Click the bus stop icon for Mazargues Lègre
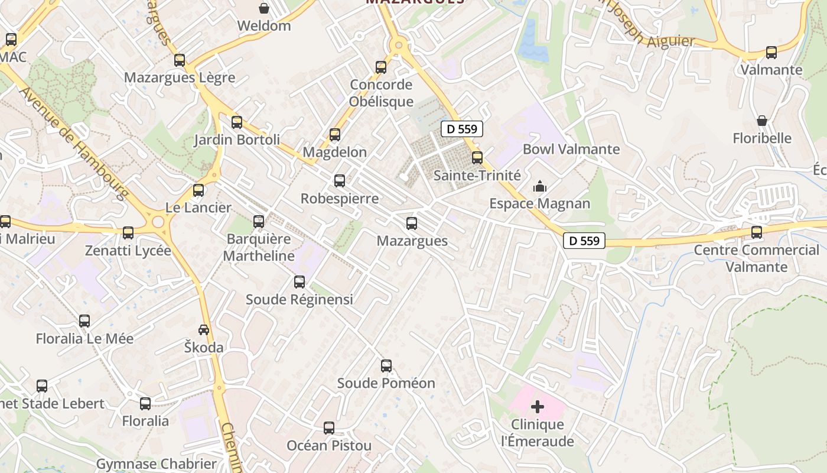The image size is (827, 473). click(180, 60)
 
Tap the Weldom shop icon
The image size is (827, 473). click(264, 9)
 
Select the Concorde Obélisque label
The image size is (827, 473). click(381, 93)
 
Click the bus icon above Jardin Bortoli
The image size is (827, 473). click(237, 122)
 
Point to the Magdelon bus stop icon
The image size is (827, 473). click(335, 135)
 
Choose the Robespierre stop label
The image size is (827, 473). click(339, 198)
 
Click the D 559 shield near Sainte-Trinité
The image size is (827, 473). click(462, 129)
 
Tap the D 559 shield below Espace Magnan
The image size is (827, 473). click(584, 241)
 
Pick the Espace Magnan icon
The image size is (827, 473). click(539, 187)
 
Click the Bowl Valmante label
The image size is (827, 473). click(571, 149)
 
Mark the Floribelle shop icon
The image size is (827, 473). click(762, 121)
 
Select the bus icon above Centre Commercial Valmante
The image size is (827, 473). click(757, 232)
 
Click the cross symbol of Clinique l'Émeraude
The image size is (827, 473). click(538, 407)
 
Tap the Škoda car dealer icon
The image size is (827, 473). click(204, 330)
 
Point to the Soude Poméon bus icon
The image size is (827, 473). click(386, 366)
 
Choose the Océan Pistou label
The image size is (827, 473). click(329, 445)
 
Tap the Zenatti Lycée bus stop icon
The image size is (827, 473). click(128, 233)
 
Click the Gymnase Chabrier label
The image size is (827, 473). click(157, 464)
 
